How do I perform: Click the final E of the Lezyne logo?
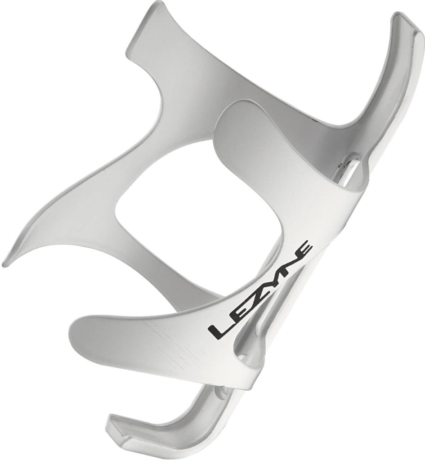coord(304,249)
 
